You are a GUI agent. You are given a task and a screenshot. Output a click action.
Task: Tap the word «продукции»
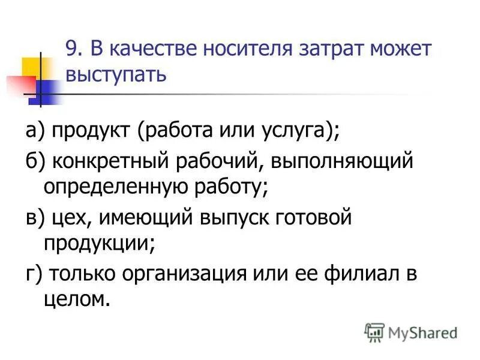96,243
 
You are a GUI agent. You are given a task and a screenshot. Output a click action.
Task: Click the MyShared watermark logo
410,332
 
